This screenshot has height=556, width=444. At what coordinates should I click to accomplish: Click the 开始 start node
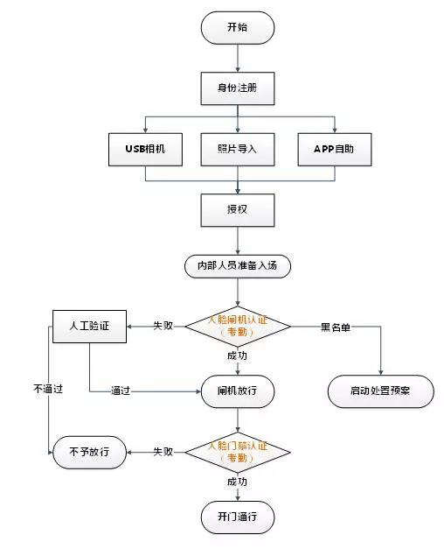tap(237, 27)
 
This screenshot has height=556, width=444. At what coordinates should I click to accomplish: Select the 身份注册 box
tap(237, 88)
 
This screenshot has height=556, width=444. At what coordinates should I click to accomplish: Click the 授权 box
tap(237, 210)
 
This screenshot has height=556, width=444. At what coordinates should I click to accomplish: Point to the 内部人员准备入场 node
tap(237, 264)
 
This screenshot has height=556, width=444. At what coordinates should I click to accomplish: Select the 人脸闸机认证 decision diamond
tap(237, 327)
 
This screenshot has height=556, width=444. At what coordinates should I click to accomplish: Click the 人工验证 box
tap(90, 326)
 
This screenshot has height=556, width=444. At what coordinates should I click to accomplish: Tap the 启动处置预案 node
tap(380, 391)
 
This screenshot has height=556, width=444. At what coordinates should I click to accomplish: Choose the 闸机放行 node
tap(237, 391)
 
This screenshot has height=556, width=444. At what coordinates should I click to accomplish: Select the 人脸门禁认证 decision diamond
tap(237, 452)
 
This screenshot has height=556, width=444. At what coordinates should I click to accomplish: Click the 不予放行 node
tap(90, 452)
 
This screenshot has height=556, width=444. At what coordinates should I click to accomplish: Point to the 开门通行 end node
tap(237, 514)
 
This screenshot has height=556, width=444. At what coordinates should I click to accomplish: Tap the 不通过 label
tap(48, 388)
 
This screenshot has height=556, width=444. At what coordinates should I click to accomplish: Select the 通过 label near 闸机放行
tap(121, 391)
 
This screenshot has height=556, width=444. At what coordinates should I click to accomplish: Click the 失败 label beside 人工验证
tap(163, 326)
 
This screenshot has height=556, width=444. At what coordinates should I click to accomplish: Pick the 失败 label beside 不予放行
tap(163, 452)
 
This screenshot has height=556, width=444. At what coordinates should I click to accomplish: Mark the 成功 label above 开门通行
tap(237, 482)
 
